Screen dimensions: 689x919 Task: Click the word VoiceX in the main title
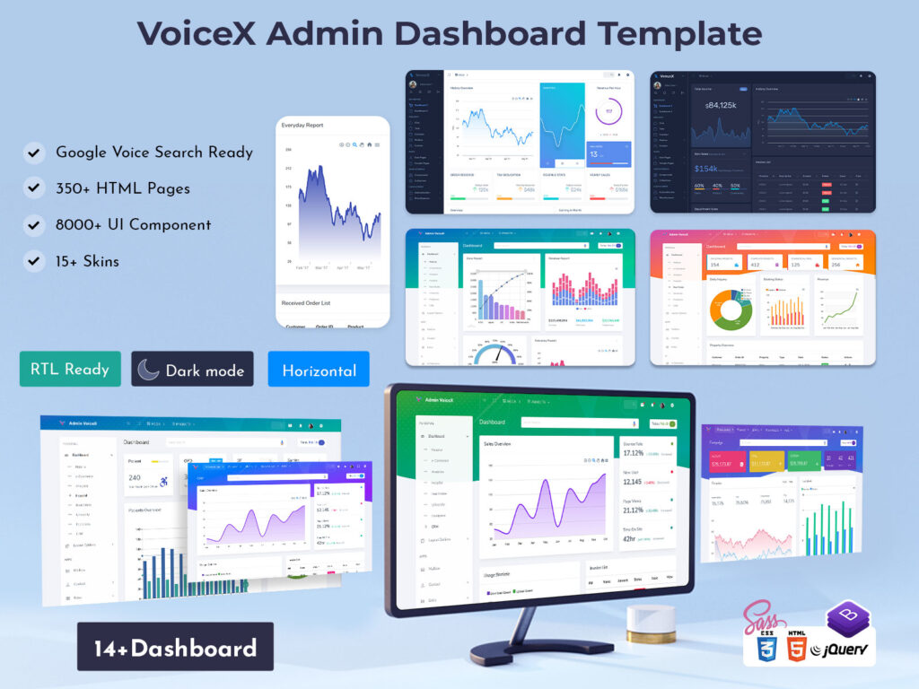pyautogui.click(x=197, y=34)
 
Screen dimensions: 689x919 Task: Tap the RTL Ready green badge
pyautogui.click(x=70, y=369)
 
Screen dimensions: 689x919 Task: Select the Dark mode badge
pyautogui.click(x=192, y=370)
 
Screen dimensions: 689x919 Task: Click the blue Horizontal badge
pyautogui.click(x=319, y=370)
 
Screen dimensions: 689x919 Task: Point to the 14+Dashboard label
pyautogui.click(x=175, y=648)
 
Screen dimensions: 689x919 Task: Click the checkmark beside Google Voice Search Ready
pyautogui.click(x=34, y=153)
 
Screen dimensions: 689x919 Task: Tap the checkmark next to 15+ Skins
pyautogui.click(x=34, y=262)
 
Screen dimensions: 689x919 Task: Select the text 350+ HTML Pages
pyautogui.click(x=123, y=188)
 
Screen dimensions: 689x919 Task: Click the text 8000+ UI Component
pyautogui.click(x=134, y=225)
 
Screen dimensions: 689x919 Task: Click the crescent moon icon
pyautogui.click(x=149, y=369)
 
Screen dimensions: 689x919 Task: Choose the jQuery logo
pyautogui.click(x=841, y=651)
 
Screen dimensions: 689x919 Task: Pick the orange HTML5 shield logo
pyautogui.click(x=796, y=647)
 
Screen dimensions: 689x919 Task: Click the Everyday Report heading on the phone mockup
pyautogui.click(x=302, y=126)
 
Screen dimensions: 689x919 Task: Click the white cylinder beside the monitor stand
pyautogui.click(x=650, y=620)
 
